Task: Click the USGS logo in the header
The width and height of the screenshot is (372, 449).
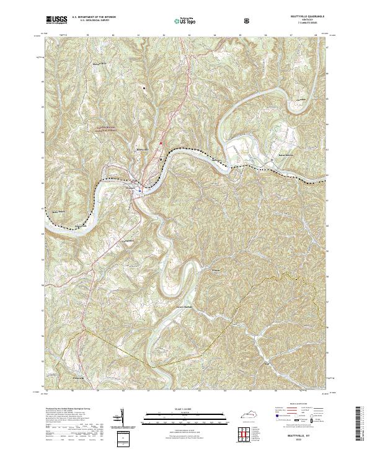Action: point(56,20)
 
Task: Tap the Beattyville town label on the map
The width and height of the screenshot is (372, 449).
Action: point(143,149)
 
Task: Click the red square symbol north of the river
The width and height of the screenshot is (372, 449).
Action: point(162,144)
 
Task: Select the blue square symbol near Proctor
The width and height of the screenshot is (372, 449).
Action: point(140,191)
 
